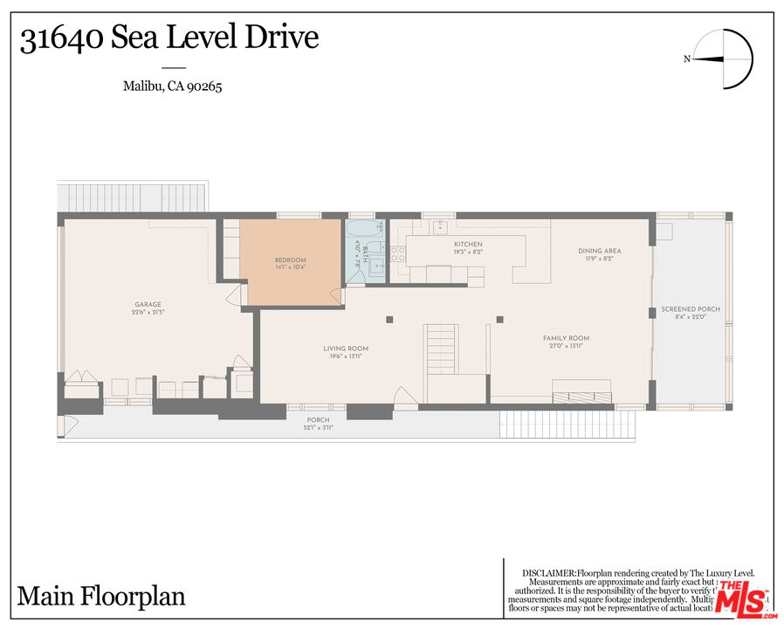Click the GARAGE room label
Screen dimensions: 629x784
(147, 305)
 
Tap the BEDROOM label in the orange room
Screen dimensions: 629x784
(290, 260)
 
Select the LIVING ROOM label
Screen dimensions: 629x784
(346, 349)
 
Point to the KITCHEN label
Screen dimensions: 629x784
(468, 245)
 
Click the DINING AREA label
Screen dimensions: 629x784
(600, 252)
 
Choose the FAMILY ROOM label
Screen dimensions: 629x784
(566, 338)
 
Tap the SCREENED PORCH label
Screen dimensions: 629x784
(691, 309)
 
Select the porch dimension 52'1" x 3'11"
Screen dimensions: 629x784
(318, 428)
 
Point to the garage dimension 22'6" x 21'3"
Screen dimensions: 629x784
(147, 312)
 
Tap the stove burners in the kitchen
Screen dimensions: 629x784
(397, 253)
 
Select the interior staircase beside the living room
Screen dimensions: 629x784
(441, 349)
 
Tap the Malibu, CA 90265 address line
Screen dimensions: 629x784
(172, 86)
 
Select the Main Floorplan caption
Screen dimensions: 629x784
(101, 597)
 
